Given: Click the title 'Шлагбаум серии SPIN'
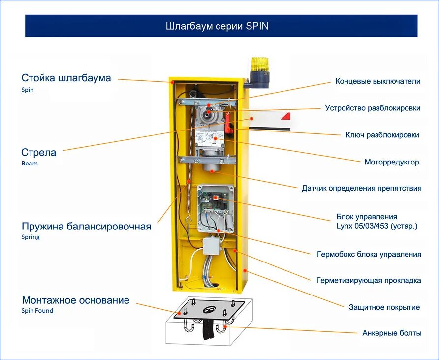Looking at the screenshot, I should [217, 26].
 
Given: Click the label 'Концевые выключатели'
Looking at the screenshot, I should [378, 81].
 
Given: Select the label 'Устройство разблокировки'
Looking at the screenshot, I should [373, 108].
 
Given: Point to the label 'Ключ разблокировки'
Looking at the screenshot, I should [382, 134].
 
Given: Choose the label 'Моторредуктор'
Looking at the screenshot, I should [391, 162].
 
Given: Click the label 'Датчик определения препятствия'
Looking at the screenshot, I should [361, 188].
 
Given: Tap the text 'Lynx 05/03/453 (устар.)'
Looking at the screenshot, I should [376, 226].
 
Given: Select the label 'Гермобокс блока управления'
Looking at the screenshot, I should [369, 254].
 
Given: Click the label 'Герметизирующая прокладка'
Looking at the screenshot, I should [369, 280].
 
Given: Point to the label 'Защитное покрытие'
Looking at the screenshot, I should [384, 307].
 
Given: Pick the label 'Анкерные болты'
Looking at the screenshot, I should [392, 333].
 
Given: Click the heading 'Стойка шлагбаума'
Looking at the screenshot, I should [66, 78].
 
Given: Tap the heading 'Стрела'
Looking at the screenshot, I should [39, 152].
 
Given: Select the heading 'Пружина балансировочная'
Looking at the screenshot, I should [86, 227].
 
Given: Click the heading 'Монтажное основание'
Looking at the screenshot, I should [75, 300].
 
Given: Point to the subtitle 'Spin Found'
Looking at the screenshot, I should [37, 311].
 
